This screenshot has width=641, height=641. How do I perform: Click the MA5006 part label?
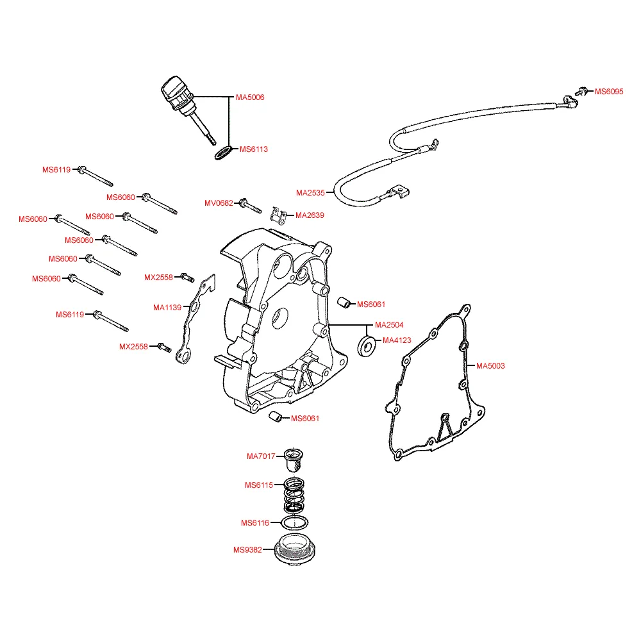coord(250,97)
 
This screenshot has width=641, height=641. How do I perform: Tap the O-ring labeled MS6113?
coord(222,154)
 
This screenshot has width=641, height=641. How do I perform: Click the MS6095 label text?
coord(609,92)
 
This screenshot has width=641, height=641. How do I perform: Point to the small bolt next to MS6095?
coord(583,92)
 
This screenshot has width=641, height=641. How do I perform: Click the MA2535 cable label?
coord(310,192)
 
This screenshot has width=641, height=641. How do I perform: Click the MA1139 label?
coord(167,308)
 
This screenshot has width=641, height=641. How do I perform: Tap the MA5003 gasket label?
coord(490,366)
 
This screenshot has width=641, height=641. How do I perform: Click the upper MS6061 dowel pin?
coord(344,302)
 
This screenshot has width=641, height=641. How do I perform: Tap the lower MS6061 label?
coord(305,419)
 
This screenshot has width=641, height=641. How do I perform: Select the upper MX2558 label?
coord(158,278)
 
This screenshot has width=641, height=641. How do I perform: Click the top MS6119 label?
coord(56,170)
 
